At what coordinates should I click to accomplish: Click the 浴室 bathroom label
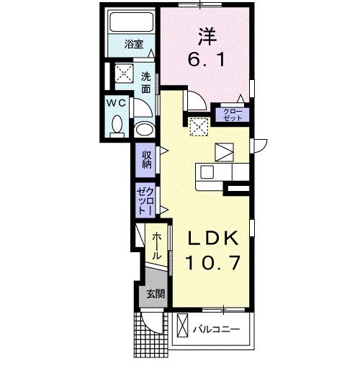pos(133,44)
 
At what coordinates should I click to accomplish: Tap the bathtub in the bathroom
pos(130,25)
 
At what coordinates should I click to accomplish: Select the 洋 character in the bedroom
pos(205,35)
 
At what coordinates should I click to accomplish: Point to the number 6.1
pos(205,61)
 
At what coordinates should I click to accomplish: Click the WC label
pos(117,103)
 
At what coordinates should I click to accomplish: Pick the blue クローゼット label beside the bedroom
pos(232,113)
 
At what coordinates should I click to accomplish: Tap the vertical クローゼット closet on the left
pos(144,200)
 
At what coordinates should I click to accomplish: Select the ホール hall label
pos(156,245)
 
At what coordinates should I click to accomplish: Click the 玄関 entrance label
pos(156,294)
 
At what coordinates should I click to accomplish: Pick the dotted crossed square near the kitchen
pos(198,127)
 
